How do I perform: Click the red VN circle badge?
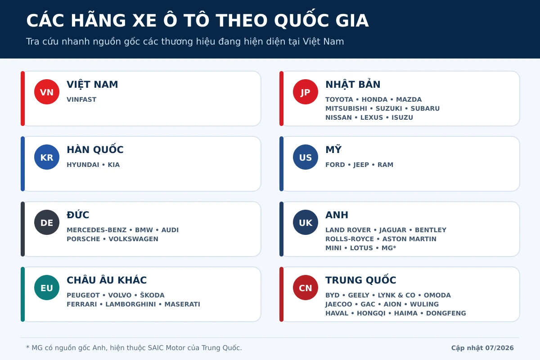pyautogui.click(x=47, y=92)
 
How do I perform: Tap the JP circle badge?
pyautogui.click(x=306, y=92)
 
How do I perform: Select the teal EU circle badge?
pyautogui.click(x=47, y=288)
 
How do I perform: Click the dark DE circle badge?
pyautogui.click(x=47, y=222)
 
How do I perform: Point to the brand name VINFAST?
pyautogui.click(x=81, y=99)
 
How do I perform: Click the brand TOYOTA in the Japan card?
pyautogui.click(x=339, y=99)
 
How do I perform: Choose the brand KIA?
pyautogui.click(x=113, y=165)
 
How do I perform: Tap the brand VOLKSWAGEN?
pyautogui.click(x=133, y=239)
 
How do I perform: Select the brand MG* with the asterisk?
pyautogui.click(x=389, y=248)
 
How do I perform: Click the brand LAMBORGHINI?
pyautogui.click(x=130, y=304)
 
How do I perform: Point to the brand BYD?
pyautogui.click(x=333, y=295)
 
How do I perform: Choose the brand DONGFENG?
pyautogui.click(x=446, y=313)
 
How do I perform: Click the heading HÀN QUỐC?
pyautogui.click(x=95, y=149)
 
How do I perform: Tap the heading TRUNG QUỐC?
pyautogui.click(x=360, y=279)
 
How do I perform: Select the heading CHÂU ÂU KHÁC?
pyautogui.click(x=107, y=280)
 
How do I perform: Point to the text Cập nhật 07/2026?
pyautogui.click(x=482, y=348)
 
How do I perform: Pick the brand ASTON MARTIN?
pyautogui.click(x=409, y=239)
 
